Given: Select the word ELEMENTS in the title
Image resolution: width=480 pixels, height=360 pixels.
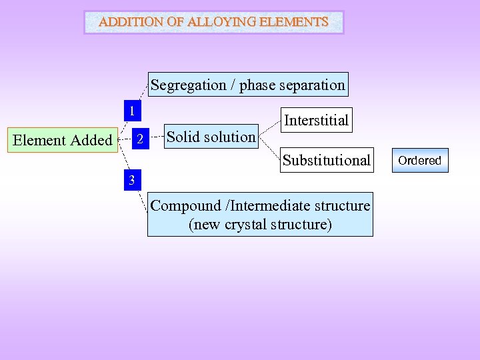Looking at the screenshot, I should (x=293, y=22).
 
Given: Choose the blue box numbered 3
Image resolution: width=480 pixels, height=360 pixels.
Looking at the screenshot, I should (x=132, y=180).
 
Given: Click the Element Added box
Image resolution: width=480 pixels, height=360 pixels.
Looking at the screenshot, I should (x=63, y=140).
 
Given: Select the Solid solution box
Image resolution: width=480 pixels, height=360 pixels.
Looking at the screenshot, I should (x=211, y=137).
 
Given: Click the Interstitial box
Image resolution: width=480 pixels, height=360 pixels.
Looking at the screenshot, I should (x=316, y=120).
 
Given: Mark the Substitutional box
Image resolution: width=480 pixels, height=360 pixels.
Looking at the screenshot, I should (x=326, y=160).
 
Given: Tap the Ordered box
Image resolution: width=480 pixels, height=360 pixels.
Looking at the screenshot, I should (x=419, y=161).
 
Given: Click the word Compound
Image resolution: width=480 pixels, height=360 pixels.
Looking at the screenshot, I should (x=185, y=206).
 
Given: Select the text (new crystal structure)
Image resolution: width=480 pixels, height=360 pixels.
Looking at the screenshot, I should (x=260, y=225).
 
